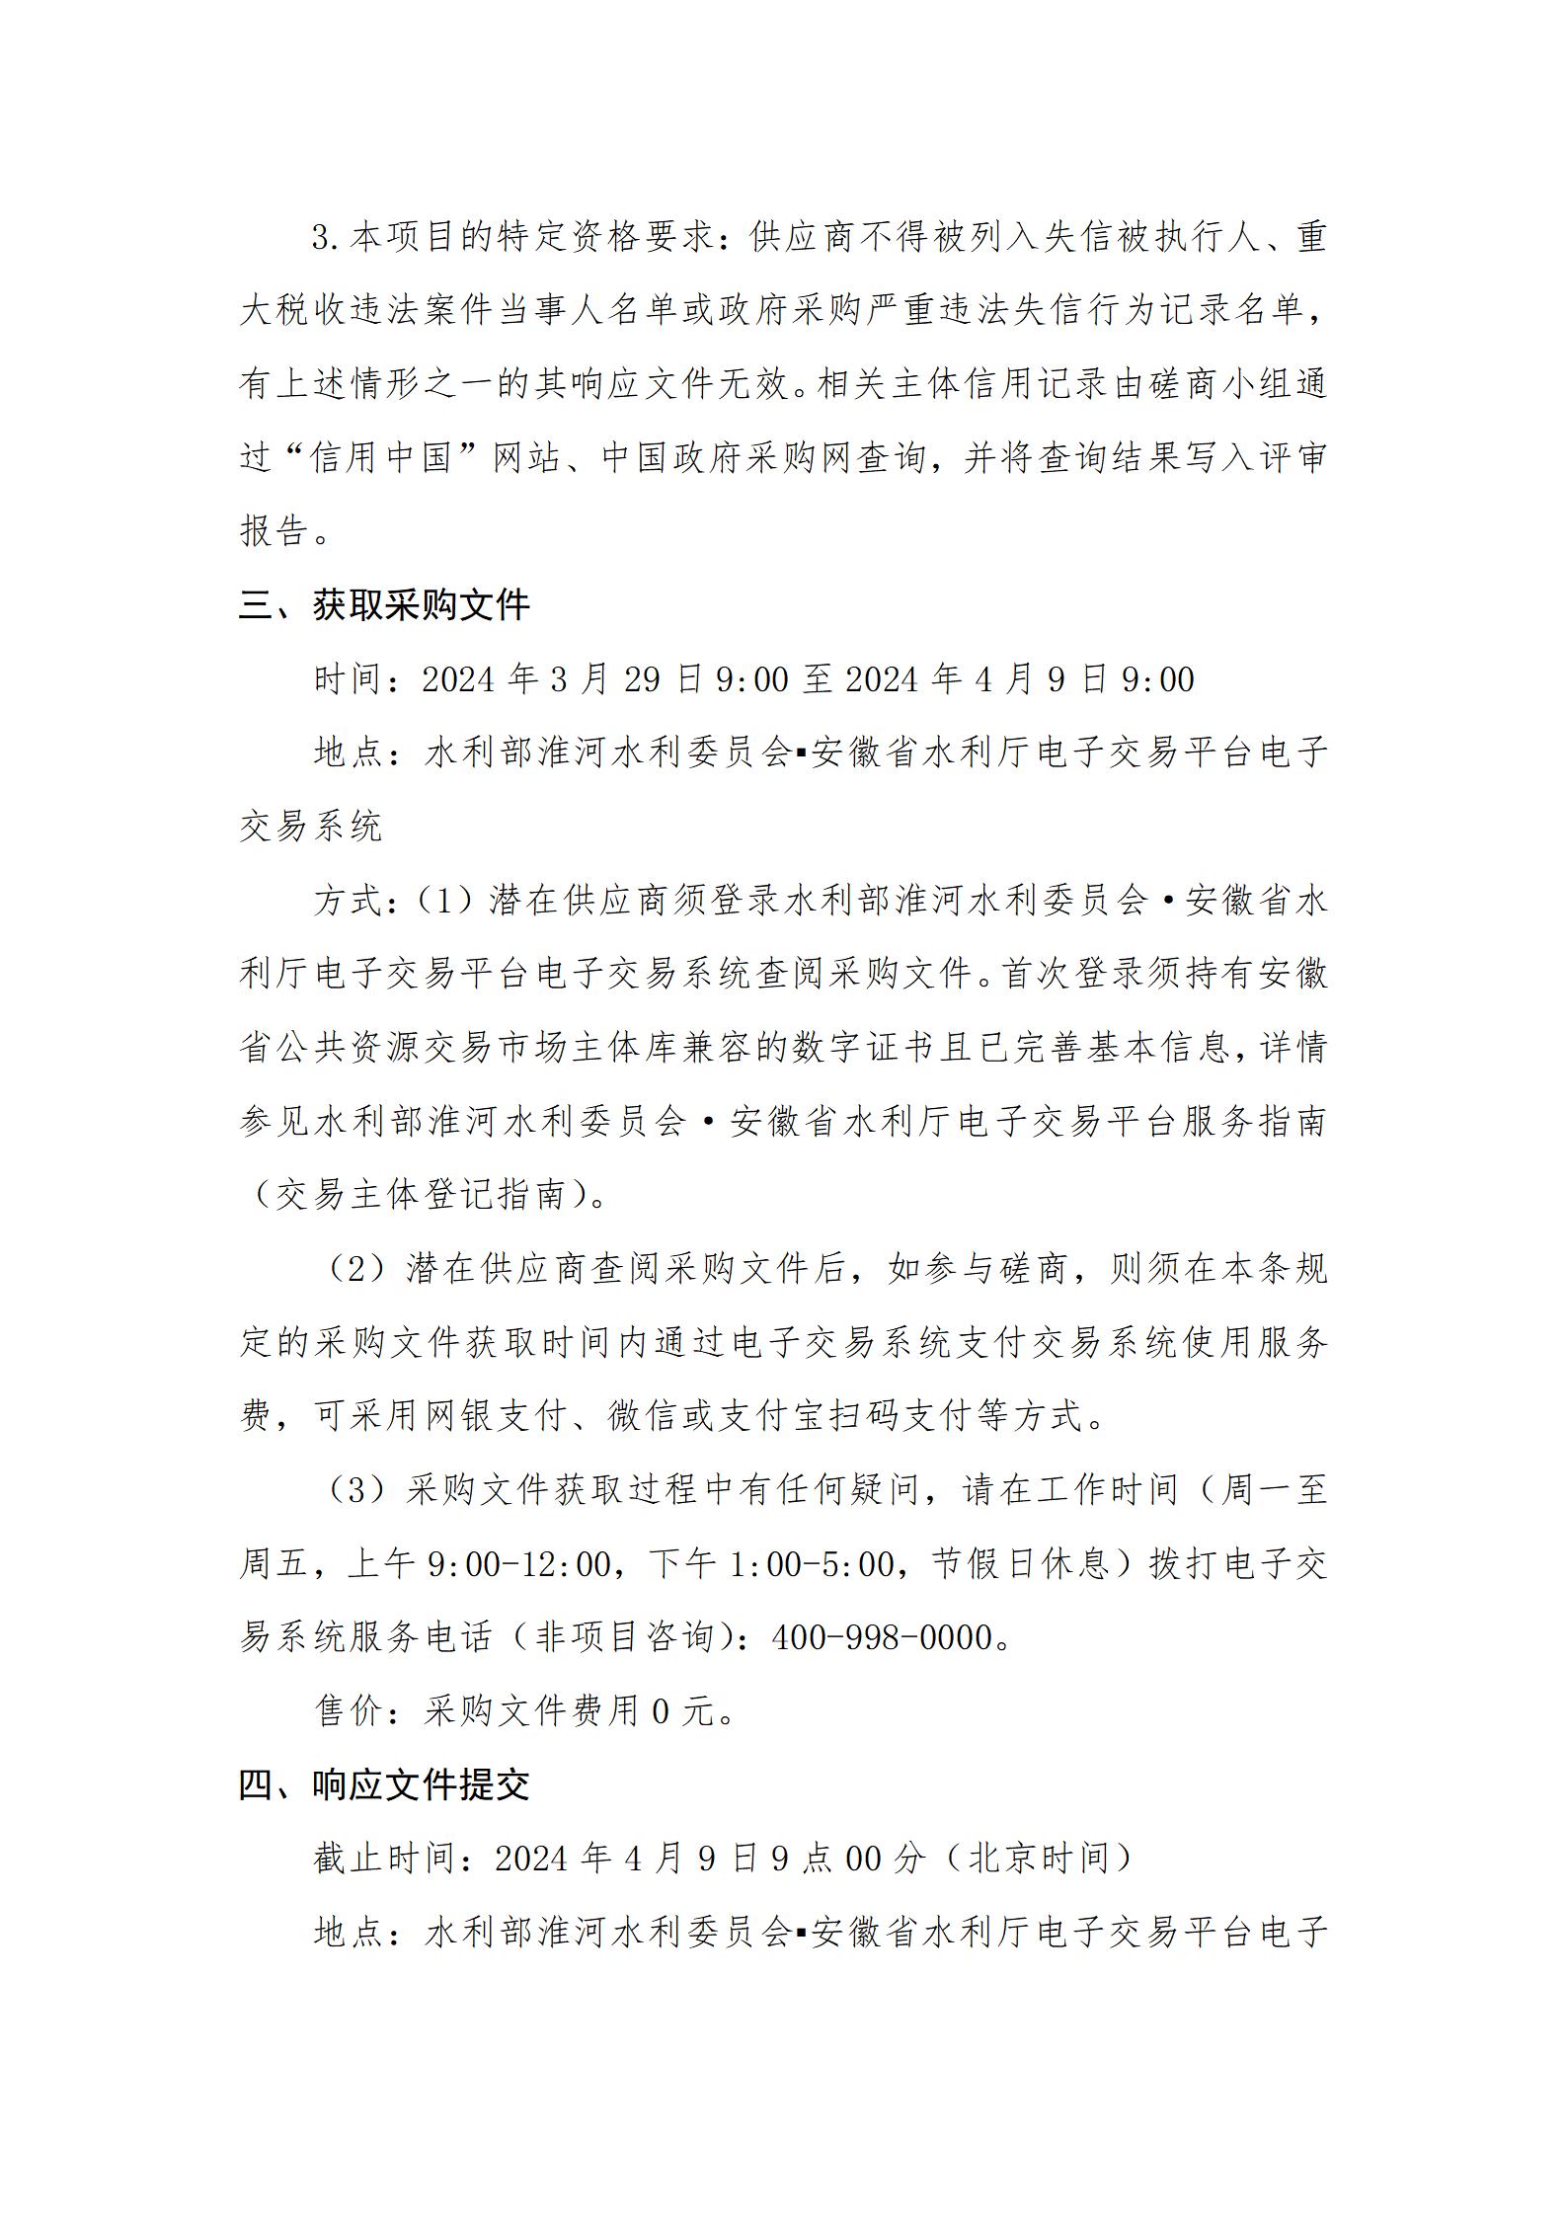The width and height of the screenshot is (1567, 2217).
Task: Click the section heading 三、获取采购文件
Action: [384, 605]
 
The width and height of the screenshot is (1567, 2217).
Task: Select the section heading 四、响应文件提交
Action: [384, 1784]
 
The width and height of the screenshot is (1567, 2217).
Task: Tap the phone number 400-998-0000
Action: [882, 1637]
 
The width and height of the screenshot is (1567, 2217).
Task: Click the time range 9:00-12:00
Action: [519, 1564]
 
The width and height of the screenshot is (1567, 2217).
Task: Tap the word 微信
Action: [644, 1417]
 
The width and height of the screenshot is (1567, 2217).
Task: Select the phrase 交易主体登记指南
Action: [422, 1195]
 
